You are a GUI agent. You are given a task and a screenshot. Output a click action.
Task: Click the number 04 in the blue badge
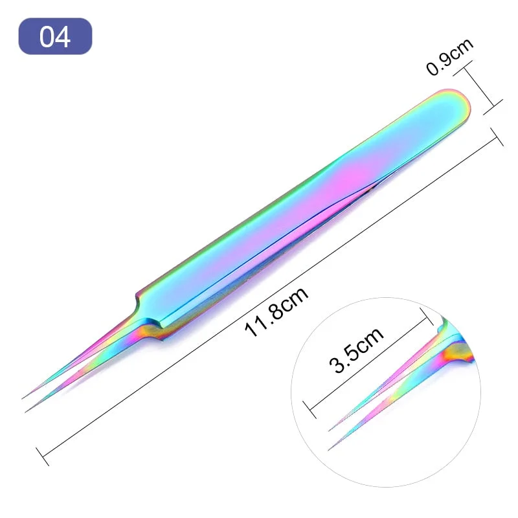point(55,36)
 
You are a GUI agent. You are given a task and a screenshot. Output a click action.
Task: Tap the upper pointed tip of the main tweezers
point(23,397)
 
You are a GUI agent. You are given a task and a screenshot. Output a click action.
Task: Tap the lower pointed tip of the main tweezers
point(27,411)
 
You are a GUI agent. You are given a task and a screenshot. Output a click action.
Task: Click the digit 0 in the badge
point(47,36)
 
